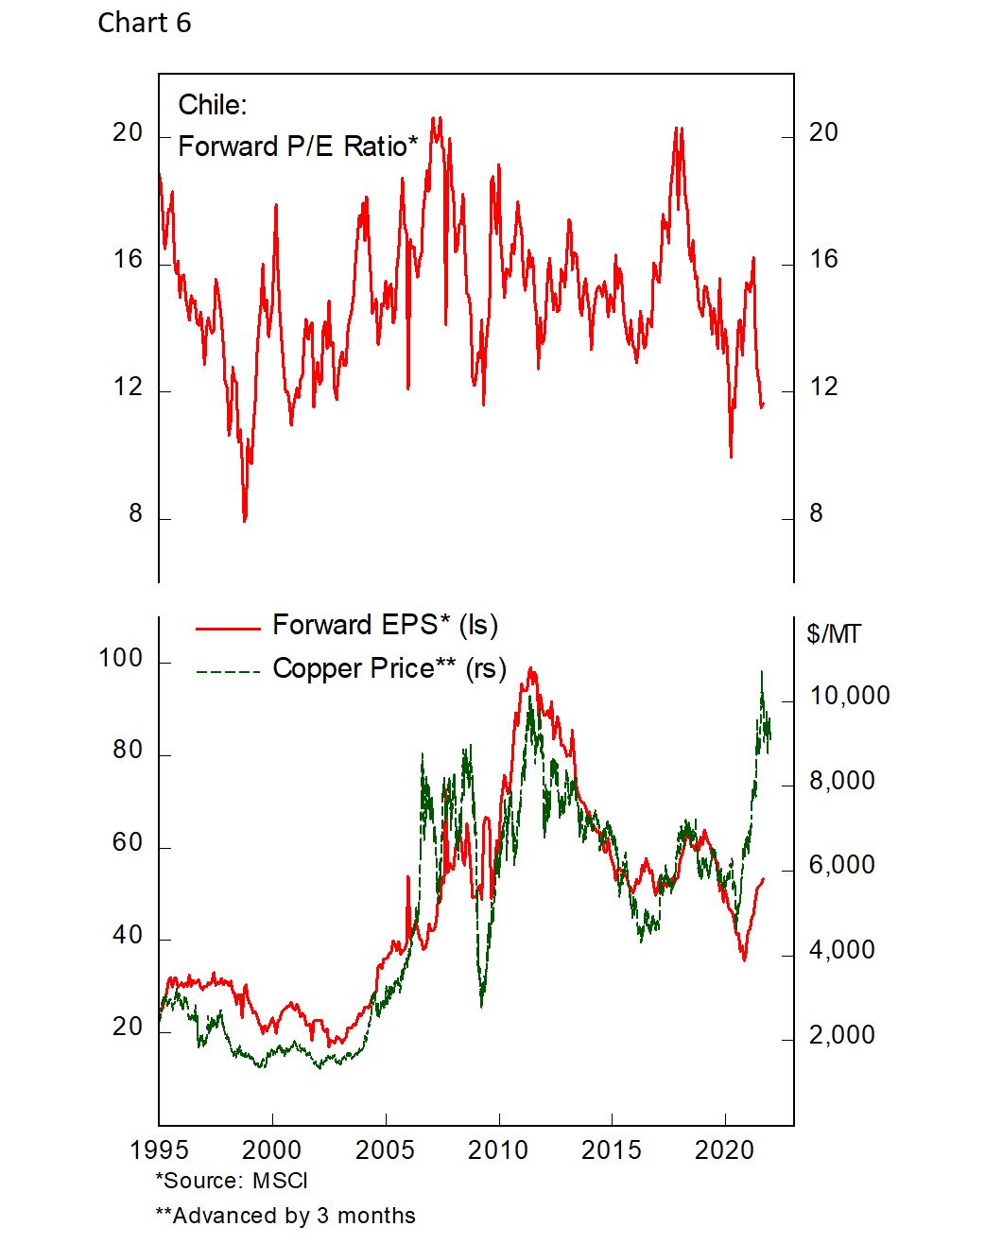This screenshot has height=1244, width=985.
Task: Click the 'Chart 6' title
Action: (x=144, y=23)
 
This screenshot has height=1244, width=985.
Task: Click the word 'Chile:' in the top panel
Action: (x=212, y=104)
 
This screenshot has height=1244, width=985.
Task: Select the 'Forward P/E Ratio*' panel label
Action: (x=297, y=147)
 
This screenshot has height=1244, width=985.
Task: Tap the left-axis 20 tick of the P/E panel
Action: (x=128, y=132)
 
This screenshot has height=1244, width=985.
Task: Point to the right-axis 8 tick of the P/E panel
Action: (x=816, y=513)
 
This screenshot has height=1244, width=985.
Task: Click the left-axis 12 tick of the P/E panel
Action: (x=128, y=387)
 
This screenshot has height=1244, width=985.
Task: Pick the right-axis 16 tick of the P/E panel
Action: (x=823, y=259)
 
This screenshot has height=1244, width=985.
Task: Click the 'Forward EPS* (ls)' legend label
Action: (x=385, y=625)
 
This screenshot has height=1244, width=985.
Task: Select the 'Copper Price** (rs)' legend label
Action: (x=389, y=668)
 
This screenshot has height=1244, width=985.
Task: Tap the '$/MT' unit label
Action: (x=834, y=633)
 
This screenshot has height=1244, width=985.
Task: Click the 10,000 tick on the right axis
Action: (x=850, y=696)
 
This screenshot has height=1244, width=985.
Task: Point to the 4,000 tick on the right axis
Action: (x=842, y=950)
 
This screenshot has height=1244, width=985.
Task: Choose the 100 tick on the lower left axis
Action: (x=121, y=658)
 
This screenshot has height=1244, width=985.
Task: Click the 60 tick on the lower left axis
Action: (x=128, y=842)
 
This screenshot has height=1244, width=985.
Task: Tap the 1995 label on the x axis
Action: (x=159, y=1150)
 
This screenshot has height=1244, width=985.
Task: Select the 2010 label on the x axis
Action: (x=498, y=1150)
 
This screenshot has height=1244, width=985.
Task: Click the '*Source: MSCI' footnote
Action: (x=232, y=1181)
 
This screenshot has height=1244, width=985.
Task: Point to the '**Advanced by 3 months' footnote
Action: (x=285, y=1216)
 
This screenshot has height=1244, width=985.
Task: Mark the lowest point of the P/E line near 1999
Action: (x=245, y=520)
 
